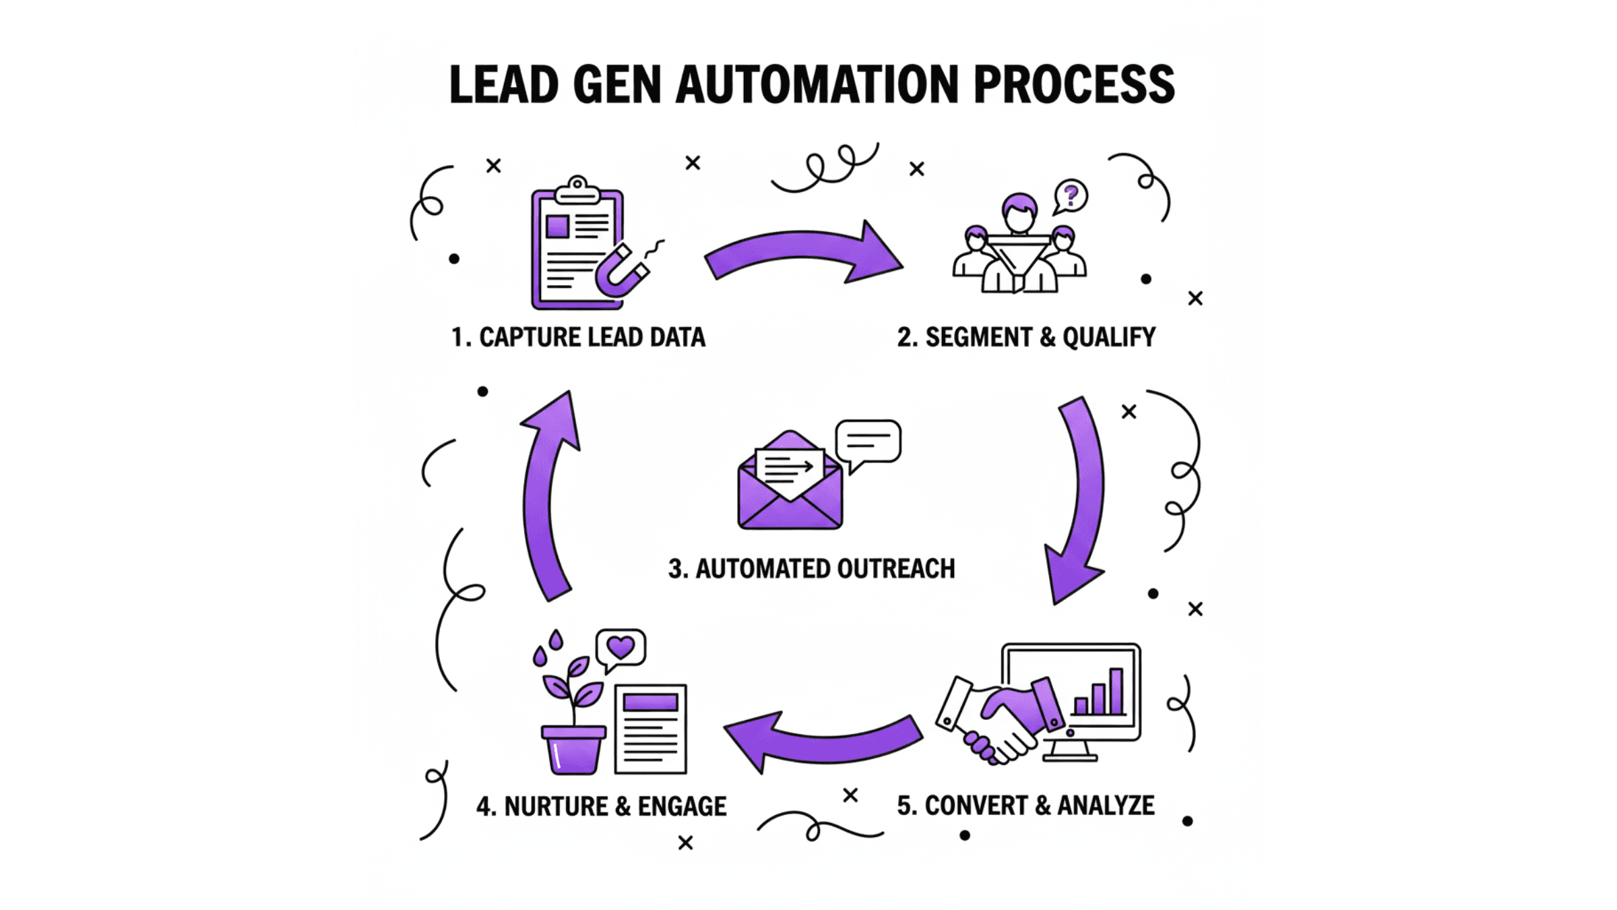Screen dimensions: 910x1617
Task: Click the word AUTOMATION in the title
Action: click(x=817, y=86)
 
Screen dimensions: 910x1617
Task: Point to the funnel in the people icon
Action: click(x=1018, y=259)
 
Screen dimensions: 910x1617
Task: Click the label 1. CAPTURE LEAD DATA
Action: click(x=578, y=337)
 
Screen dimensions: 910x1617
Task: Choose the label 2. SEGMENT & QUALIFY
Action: click(x=1025, y=337)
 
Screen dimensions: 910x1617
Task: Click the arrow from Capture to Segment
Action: click(x=805, y=253)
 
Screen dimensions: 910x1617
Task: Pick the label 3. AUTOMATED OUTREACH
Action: click(x=811, y=569)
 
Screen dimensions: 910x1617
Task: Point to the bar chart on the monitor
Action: click(x=1100, y=693)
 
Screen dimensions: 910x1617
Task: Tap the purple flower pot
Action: click(x=573, y=748)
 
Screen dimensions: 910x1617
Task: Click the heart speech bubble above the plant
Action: click(x=621, y=648)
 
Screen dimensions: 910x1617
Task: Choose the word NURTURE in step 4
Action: click(x=556, y=806)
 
